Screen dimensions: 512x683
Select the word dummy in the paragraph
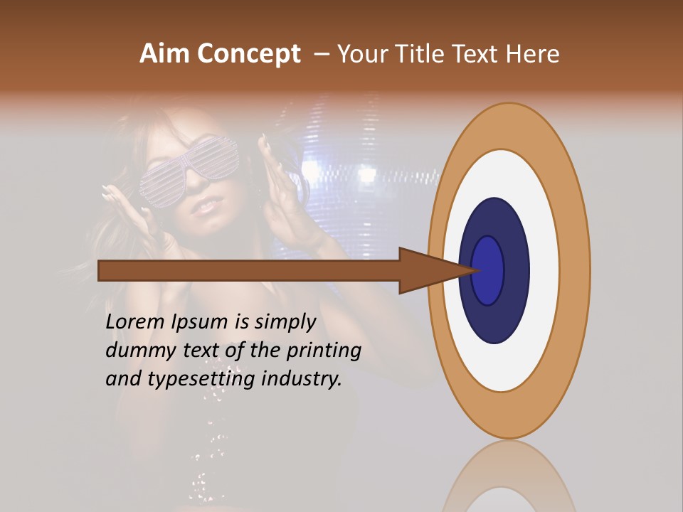(x=135, y=350)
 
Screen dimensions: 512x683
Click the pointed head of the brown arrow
(x=434, y=271)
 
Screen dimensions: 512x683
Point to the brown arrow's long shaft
(x=249, y=271)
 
